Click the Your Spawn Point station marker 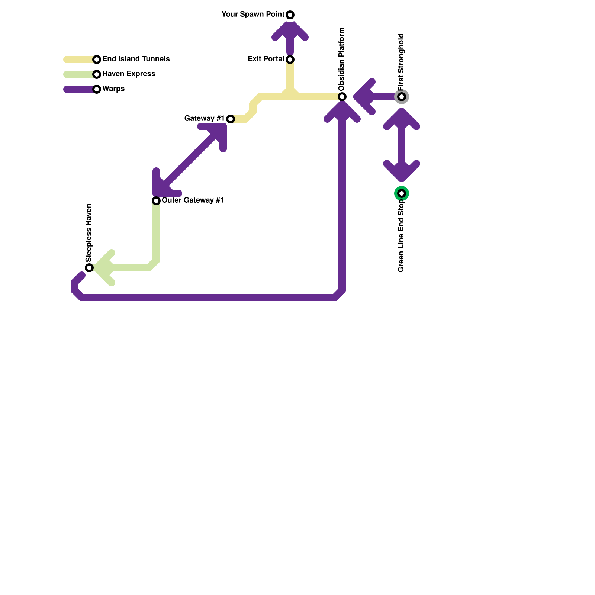coord(290,15)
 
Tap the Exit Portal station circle coord(290,59)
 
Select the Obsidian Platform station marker coord(342,97)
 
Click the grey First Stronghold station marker coord(402,97)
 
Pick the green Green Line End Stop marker coord(402,193)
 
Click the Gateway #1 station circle coord(231,119)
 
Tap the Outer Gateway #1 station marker coord(156,201)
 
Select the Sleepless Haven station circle coord(89,268)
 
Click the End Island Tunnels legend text coord(136,59)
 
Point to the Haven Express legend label coord(129,74)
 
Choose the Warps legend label coord(113,89)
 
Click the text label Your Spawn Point coord(253,15)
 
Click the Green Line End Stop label coord(401,236)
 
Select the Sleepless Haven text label coord(89,233)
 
